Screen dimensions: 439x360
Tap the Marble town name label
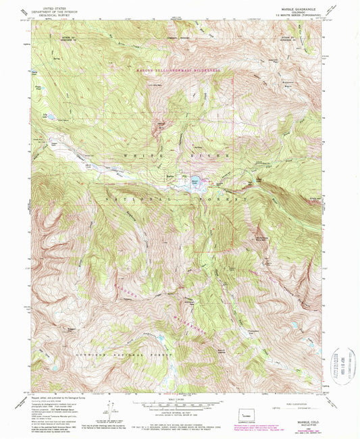coord(170,176)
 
